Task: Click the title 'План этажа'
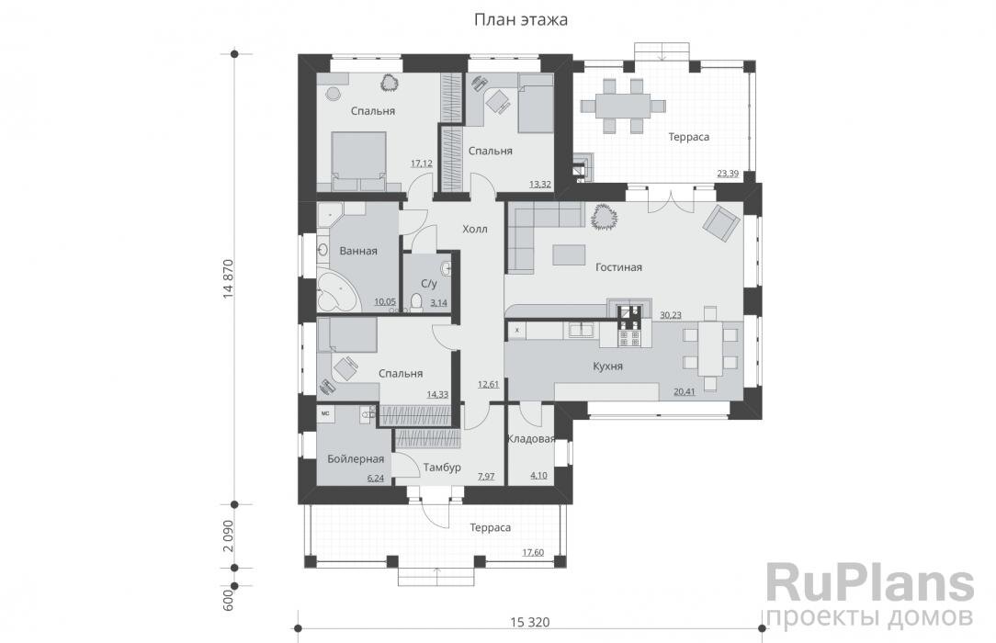(x=521, y=18)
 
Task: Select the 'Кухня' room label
(x=607, y=366)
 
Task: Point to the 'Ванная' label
(x=358, y=252)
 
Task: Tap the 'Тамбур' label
(x=436, y=468)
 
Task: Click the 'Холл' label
(x=475, y=229)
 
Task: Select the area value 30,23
(x=671, y=314)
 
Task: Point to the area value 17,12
(x=422, y=164)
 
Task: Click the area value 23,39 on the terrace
(x=727, y=172)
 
